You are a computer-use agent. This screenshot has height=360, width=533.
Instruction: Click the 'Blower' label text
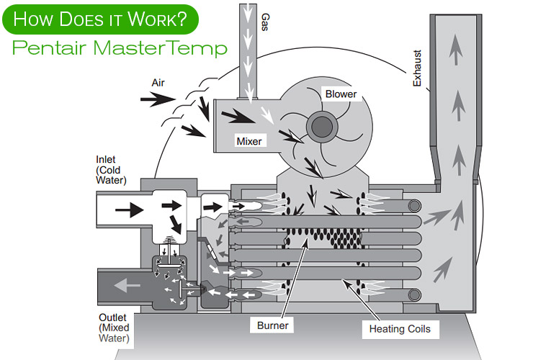(x=341, y=94)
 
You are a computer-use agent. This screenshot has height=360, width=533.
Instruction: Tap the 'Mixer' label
(x=249, y=141)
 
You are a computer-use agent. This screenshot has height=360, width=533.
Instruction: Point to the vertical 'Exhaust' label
(x=416, y=68)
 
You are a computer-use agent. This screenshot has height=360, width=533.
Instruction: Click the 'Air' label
(x=158, y=83)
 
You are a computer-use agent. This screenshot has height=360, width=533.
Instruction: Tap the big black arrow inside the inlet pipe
(x=129, y=210)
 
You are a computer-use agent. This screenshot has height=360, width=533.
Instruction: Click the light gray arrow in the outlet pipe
(x=130, y=285)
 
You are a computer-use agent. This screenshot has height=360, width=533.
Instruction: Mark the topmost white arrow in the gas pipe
(x=249, y=12)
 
